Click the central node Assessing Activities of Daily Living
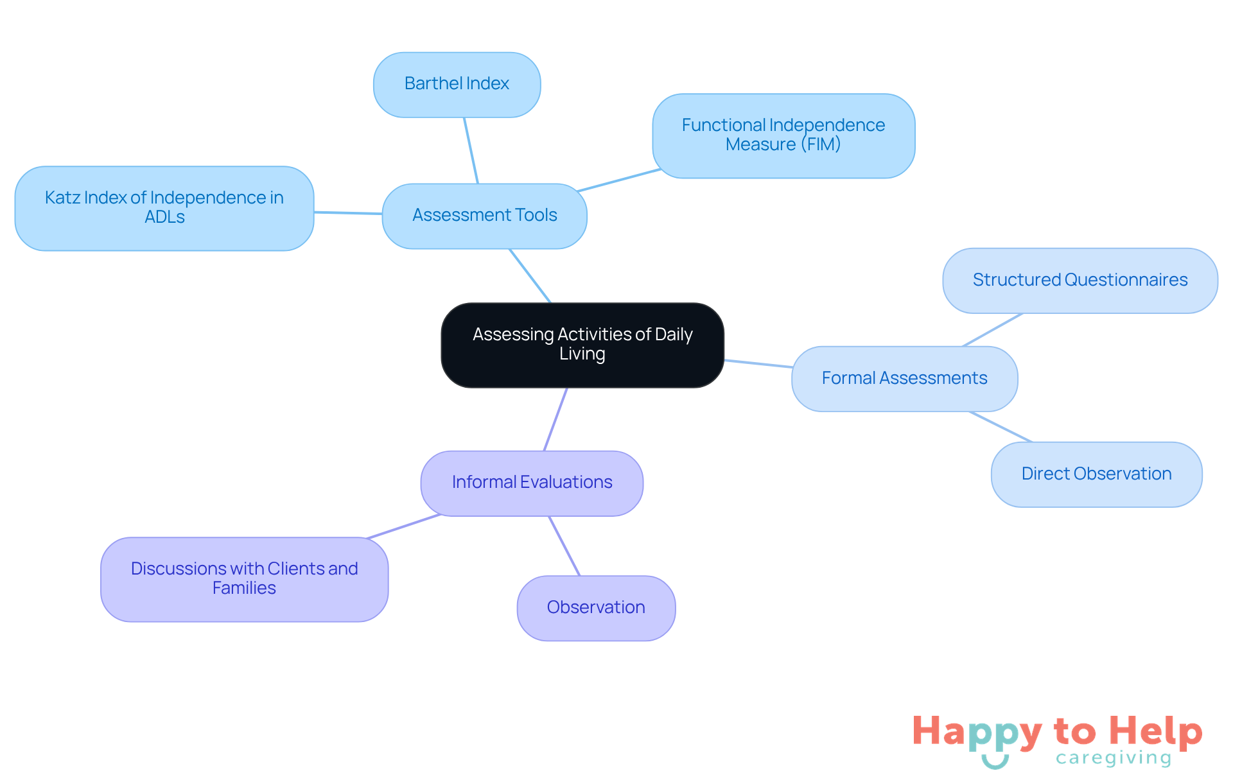[582, 345]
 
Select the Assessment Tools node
[484, 216]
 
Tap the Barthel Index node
[457, 84]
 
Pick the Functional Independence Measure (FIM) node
[783, 135]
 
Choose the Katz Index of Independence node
[164, 208]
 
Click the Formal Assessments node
[904, 379]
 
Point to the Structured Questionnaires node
[1080, 281]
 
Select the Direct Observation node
[1096, 474]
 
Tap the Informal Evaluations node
[532, 483]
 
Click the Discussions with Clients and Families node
[244, 579]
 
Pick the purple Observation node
[596, 608]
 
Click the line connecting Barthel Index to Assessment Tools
[471, 151]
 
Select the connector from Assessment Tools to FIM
[619, 180]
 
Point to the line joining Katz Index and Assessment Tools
[348, 213]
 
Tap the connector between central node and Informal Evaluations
[555, 419]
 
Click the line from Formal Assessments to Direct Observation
[1001, 427]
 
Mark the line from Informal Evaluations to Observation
[564, 546]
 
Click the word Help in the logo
[1155, 731]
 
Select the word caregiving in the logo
[1114, 758]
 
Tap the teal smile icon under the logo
[995, 762]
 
